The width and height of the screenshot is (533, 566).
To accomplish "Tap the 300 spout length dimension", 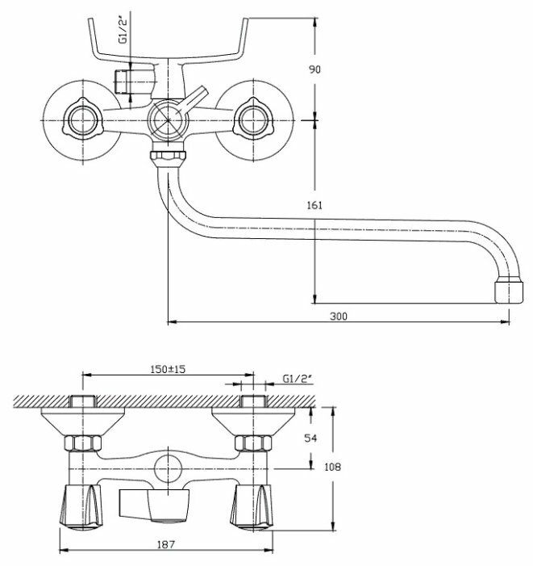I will click(x=339, y=316).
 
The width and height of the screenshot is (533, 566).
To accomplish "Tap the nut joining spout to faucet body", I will click(x=169, y=155).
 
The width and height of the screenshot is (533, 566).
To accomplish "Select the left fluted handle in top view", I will click(x=79, y=505).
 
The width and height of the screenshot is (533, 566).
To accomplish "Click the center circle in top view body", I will click(x=168, y=468).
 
